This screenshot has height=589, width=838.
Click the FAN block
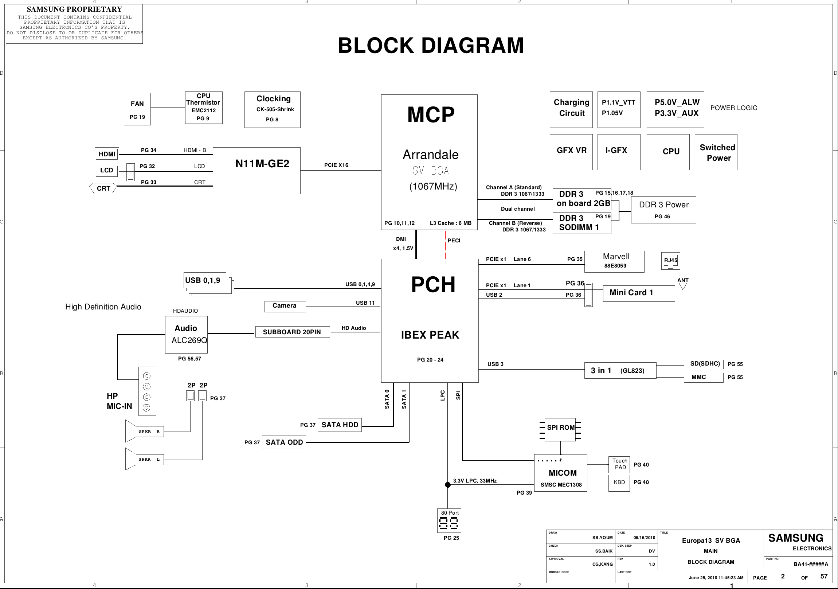137,109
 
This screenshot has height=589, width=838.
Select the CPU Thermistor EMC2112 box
204,108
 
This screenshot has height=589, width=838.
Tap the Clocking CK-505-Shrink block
272,110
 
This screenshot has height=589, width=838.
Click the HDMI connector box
107,154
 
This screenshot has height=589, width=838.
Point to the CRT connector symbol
103,188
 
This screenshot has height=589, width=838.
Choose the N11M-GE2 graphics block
257,171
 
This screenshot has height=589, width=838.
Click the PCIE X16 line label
336,165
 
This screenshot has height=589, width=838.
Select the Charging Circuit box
571,110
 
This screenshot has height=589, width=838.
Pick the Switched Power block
716,152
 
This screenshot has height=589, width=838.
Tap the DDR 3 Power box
663,210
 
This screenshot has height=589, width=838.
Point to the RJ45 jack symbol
670,261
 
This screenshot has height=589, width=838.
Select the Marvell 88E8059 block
614,261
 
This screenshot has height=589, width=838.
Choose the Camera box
285,306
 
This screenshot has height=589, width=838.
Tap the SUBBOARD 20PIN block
292,332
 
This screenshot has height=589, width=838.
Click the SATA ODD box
284,442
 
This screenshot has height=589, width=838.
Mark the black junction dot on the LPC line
448,485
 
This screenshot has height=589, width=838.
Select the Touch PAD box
619,464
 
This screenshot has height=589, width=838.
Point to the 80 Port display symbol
449,521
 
